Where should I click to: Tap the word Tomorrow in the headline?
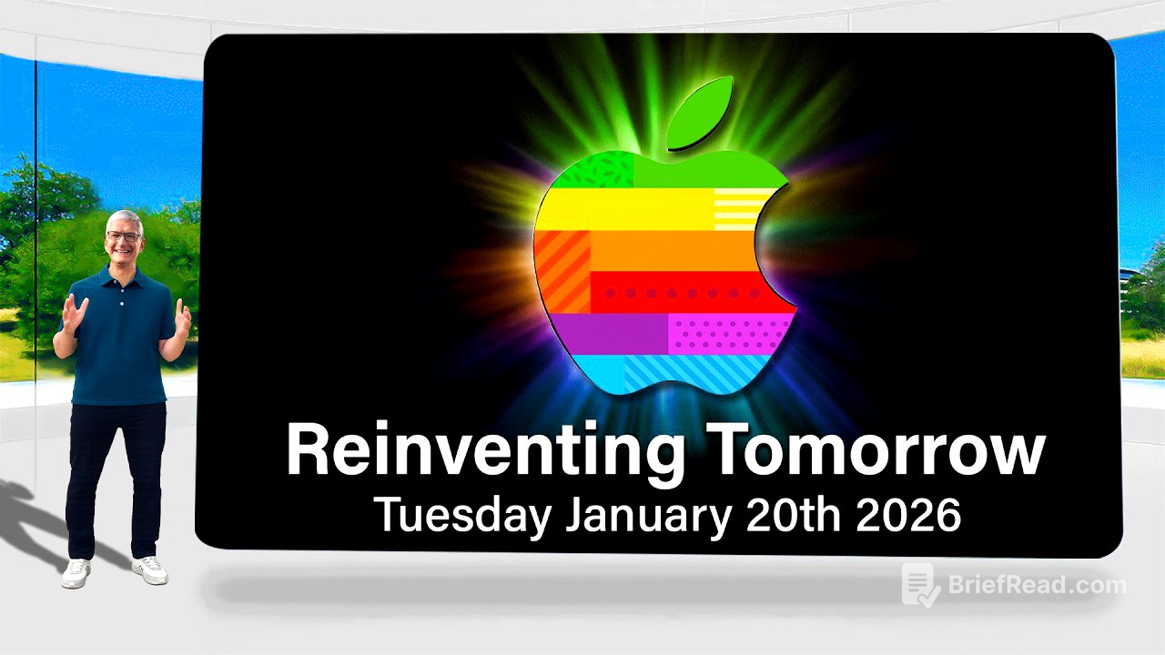pos(874,451)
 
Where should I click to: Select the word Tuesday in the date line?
pos(462,515)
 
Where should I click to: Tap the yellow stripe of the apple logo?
pos(628,209)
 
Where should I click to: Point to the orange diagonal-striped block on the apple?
pos(562,271)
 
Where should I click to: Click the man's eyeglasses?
pos(123,237)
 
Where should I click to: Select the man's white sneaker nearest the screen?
pos(150,569)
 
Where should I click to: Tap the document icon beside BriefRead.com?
pos(920,585)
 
